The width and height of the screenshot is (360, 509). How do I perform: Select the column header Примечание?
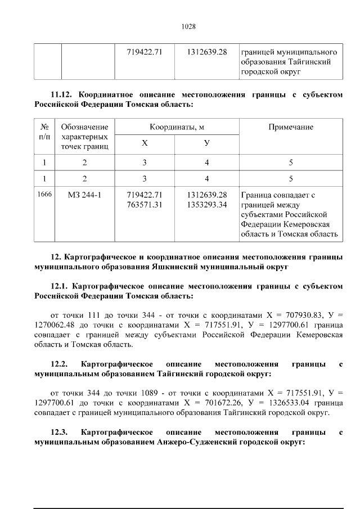click(291, 127)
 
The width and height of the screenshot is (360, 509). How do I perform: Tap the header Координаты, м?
click(177, 127)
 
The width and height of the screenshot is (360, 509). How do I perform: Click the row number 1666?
click(44, 195)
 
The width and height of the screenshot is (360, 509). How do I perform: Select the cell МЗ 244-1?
click(84, 195)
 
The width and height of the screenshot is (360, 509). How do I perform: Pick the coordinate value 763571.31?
click(145, 205)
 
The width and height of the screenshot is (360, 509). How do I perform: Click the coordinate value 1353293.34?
click(206, 205)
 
